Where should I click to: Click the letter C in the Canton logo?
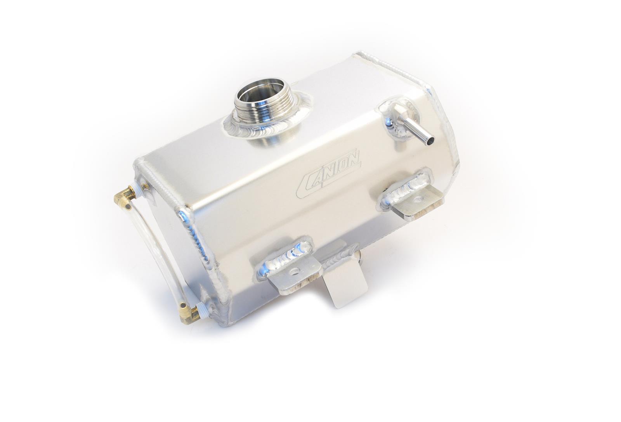[305, 180]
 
